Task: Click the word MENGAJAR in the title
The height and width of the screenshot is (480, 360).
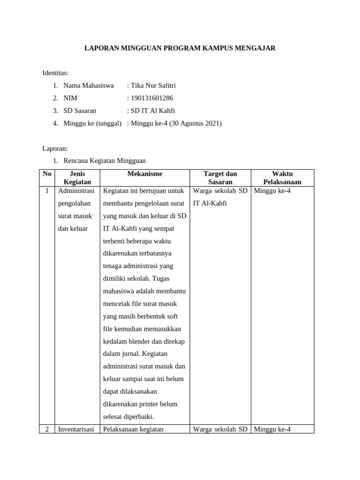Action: coord(254,48)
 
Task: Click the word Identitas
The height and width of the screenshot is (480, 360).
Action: coord(55,73)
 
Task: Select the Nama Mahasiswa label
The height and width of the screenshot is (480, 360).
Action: coord(89,85)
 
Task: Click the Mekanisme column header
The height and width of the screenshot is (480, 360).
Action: coord(145,174)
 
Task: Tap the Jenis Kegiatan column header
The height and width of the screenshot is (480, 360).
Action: coord(77,178)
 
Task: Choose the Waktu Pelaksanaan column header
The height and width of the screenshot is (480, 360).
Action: coord(282,178)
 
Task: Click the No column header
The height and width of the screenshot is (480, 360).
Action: coord(47,174)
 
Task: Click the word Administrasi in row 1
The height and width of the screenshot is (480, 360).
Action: coord(76,191)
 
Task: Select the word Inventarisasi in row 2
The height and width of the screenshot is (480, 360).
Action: coord(76,429)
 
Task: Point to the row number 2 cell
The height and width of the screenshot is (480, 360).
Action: coord(47,429)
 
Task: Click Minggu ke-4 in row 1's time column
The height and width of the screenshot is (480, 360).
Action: coord(272,191)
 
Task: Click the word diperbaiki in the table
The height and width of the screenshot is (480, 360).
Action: coord(137,417)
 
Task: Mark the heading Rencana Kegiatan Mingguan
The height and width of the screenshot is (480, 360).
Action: coord(105,161)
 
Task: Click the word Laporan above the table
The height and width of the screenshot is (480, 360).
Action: coord(55,149)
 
